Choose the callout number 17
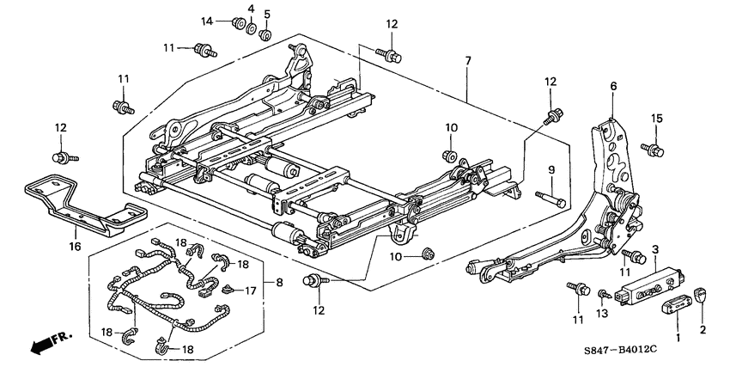coord(250,291)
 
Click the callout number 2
coord(703,328)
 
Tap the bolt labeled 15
coord(657,150)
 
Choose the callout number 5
coord(266,14)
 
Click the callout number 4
coord(251,9)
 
